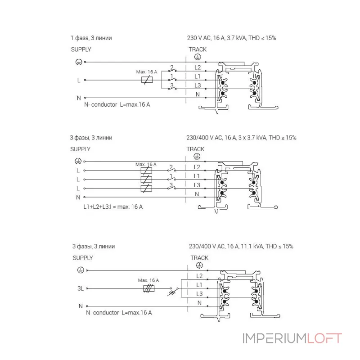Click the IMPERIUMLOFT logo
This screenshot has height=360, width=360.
tap(292, 338)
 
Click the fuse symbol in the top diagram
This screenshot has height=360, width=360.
tap(147, 80)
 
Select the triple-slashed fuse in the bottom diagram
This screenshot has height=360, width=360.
tap(148, 288)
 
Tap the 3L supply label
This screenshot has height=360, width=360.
tap(81, 288)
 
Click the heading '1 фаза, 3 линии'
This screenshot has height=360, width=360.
tap(91, 38)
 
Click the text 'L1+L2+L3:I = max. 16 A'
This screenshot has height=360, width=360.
tap(113, 207)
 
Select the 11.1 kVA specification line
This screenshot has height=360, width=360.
tap(241, 246)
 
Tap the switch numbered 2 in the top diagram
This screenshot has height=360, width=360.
tap(172, 70)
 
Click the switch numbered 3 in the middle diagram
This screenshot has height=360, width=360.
tap(171, 187)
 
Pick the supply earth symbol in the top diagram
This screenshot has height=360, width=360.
tap(79, 62)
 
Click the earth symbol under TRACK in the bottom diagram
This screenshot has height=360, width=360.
tap(199, 265)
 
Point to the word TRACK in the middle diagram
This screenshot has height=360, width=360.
tap(195, 149)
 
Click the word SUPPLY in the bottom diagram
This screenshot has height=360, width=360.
tap(83, 258)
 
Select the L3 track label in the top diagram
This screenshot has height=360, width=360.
tap(198, 85)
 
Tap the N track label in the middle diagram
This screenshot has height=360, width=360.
tap(197, 194)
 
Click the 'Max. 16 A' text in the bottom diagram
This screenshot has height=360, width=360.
tap(148, 280)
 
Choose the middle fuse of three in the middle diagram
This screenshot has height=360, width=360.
tap(146, 179)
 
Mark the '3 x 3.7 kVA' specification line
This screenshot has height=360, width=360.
tap(241, 138)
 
